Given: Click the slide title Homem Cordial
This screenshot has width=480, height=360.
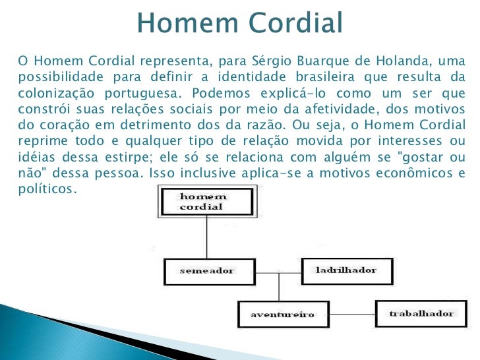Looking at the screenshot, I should [x=240, y=23].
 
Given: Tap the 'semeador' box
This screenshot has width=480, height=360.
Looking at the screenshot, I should [x=207, y=271].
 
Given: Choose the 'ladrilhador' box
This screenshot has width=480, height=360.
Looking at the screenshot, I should [x=347, y=270].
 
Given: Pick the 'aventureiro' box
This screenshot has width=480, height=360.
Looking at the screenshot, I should [x=282, y=314].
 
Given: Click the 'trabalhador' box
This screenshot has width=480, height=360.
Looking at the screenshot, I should [x=420, y=313].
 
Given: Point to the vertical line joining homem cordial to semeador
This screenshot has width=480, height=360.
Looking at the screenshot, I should [x=207, y=237].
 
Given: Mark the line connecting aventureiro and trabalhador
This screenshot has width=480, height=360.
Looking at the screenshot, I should [x=350, y=314].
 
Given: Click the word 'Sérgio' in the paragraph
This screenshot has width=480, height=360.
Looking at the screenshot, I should [x=272, y=61].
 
